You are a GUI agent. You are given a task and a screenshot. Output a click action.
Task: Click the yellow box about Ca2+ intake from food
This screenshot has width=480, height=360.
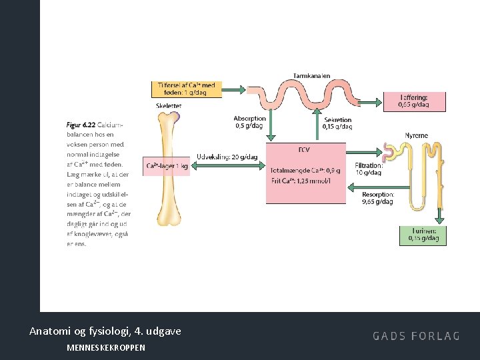click(186, 89)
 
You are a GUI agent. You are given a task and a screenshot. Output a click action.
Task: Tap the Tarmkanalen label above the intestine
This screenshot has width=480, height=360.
click(311, 76)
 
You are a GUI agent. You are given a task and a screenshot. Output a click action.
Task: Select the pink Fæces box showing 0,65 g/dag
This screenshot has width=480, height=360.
click(413, 101)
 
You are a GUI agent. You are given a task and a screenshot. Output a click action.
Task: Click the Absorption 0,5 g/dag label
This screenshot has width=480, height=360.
click(248, 122)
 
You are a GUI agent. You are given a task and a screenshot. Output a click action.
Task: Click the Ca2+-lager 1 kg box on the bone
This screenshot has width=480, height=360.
click(167, 166)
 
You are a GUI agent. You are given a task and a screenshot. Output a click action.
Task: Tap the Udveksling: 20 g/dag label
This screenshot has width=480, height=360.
click(227, 157)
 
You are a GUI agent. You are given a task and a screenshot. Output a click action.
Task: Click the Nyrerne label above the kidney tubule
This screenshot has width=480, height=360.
click(417, 135)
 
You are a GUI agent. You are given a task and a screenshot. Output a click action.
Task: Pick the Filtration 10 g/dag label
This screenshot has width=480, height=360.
click(368, 169)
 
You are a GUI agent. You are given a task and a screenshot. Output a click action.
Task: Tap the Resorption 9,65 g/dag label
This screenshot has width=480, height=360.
click(377, 197)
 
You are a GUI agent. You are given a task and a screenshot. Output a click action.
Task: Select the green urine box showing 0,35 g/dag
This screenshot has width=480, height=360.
click(424, 235)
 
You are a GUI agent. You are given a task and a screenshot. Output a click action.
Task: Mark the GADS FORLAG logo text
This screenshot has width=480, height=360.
click(416, 335)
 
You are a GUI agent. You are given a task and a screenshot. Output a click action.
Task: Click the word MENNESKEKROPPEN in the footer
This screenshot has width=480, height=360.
click(106, 347)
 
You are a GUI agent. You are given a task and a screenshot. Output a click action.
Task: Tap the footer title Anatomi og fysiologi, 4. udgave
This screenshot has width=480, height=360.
click(105, 331)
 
